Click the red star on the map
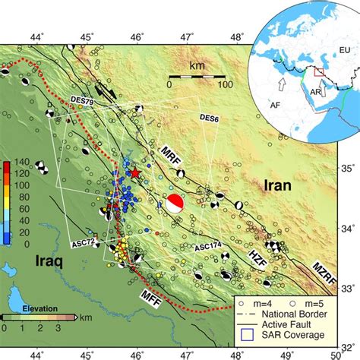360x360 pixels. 135,174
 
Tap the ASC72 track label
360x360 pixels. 84,243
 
